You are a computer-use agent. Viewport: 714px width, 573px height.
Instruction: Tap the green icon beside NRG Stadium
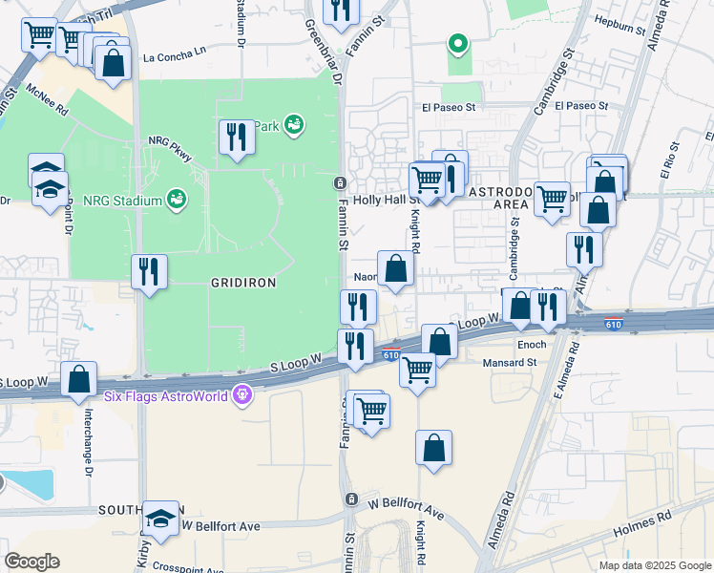pyautogui.click(x=176, y=199)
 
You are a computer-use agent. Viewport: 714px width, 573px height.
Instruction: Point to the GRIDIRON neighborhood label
pyautogui.click(x=242, y=284)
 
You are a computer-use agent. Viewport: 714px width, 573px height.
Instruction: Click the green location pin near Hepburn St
pyautogui.click(x=458, y=43)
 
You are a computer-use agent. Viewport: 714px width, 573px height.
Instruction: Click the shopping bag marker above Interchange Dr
pyautogui.click(x=78, y=378)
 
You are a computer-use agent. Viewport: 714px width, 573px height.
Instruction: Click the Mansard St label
pyautogui.click(x=510, y=363)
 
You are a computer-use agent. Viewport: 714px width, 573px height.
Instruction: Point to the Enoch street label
pyautogui.click(x=532, y=344)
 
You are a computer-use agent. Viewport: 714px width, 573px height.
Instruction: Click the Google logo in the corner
pyautogui.click(x=31, y=562)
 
